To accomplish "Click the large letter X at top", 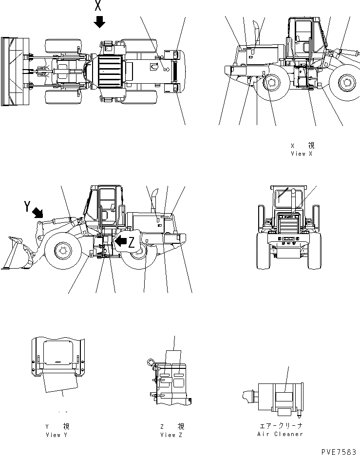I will tap(98, 6).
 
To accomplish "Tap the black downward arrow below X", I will tap(99, 22).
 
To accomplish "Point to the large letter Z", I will tap(131, 244).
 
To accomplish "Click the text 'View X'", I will tap(301, 153).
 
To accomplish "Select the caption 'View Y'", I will tap(56, 435).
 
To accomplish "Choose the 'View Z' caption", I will tap(171, 435).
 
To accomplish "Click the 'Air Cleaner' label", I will tap(280, 434).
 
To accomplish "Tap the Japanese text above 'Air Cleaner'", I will tap(280, 426).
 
